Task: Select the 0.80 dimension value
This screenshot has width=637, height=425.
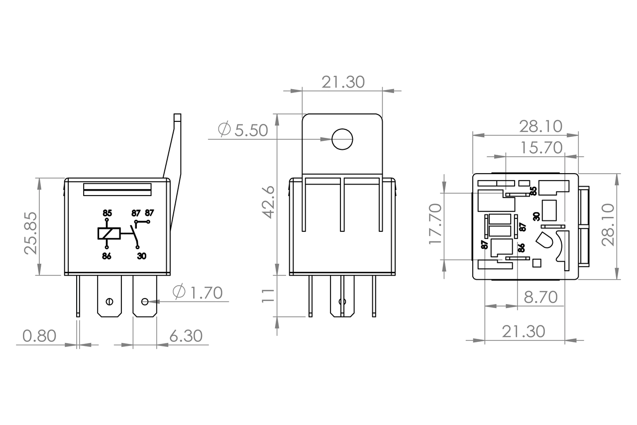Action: pyautogui.click(x=40, y=336)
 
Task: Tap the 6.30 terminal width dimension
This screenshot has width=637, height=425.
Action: pyautogui.click(x=186, y=336)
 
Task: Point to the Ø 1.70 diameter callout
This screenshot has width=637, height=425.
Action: pyautogui.click(x=198, y=293)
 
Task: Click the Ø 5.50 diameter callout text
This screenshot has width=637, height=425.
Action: pyautogui.click(x=243, y=130)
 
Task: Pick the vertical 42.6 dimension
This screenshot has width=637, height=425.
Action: pyautogui.click(x=268, y=202)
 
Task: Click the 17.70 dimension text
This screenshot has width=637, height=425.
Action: pyautogui.click(x=436, y=224)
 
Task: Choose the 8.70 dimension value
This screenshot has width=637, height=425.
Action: pyautogui.click(x=540, y=298)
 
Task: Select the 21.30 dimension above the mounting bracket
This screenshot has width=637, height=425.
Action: pyautogui.click(x=343, y=82)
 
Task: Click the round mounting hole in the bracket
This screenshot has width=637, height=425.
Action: pyautogui.click(x=342, y=139)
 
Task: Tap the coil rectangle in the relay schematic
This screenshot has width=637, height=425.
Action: pyautogui.click(x=108, y=233)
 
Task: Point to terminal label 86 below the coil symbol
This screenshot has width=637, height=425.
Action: pyautogui.click(x=107, y=256)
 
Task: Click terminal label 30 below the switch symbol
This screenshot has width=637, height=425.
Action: pyautogui.click(x=141, y=256)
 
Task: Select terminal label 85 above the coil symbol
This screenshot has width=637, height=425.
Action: pyautogui.click(x=107, y=212)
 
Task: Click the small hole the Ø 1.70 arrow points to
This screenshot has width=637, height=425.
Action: pyautogui.click(x=145, y=302)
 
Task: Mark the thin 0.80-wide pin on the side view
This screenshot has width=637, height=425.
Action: pyautogui.click(x=78, y=296)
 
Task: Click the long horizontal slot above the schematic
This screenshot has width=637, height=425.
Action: pyautogui.click(x=117, y=189)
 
